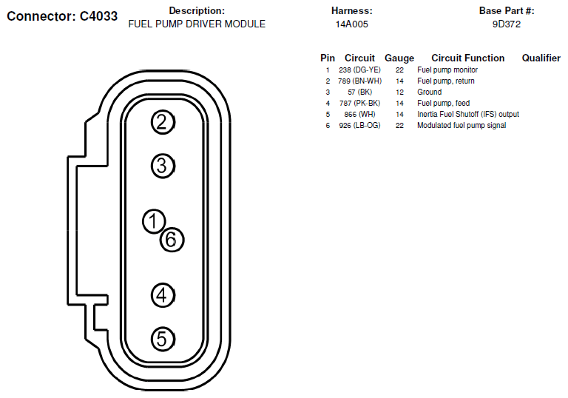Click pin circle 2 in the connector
[x=163, y=122]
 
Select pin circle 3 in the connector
[x=163, y=166]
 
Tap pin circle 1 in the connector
[x=154, y=220]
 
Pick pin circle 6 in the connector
[x=171, y=239]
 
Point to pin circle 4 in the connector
[x=163, y=296]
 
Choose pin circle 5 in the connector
[x=163, y=340]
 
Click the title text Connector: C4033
[x=62, y=16]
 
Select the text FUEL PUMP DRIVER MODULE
[x=197, y=24]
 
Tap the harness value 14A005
[x=352, y=24]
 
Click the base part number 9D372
[x=507, y=24]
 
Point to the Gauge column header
[x=399, y=58]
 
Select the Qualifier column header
[x=541, y=58]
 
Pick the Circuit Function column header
[x=467, y=58]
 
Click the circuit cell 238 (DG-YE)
[x=360, y=70]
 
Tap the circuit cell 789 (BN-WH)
[x=360, y=81]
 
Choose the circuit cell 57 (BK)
[x=359, y=92]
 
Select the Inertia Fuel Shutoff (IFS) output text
[x=467, y=115]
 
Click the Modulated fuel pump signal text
[x=461, y=126]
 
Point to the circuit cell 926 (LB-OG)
[x=360, y=126]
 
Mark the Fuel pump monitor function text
[x=447, y=70]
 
